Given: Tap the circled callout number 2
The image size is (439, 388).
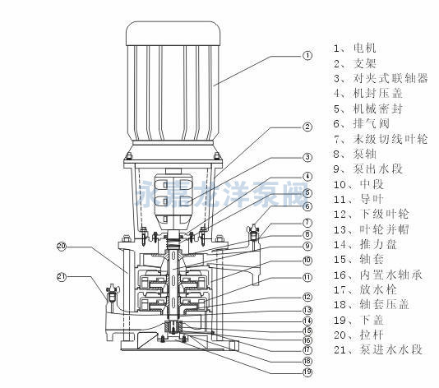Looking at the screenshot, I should coord(307,127).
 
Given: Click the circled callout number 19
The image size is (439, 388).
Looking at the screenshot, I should coord(307,372).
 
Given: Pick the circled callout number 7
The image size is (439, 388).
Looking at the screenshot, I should coord(307,222).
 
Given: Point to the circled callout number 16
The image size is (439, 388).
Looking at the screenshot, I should coord(307,339).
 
